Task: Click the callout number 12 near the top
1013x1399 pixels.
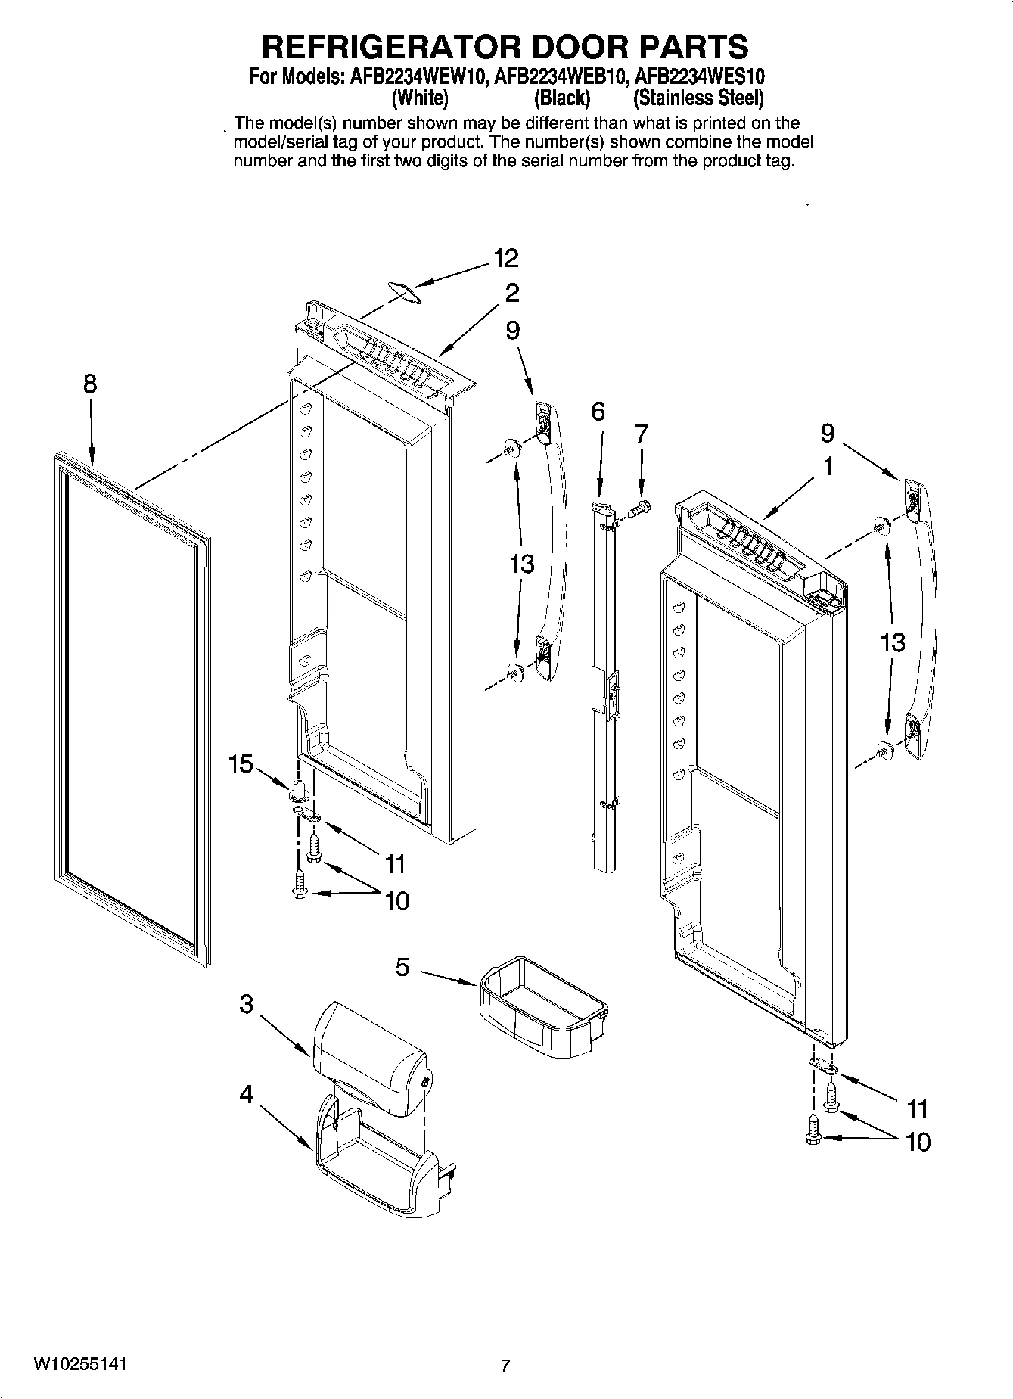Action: tap(505, 259)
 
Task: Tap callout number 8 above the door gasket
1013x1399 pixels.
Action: tap(90, 384)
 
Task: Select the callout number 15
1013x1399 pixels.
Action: tap(241, 764)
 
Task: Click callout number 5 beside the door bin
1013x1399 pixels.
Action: tap(402, 966)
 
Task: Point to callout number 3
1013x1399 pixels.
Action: tap(247, 1004)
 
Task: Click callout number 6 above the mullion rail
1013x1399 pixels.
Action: tap(598, 412)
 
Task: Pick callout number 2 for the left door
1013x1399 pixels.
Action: tap(512, 293)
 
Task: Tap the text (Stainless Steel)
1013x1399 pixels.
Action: tap(698, 98)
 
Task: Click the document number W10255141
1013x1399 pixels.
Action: tap(79, 1363)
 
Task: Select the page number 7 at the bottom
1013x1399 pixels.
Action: tap(505, 1366)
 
